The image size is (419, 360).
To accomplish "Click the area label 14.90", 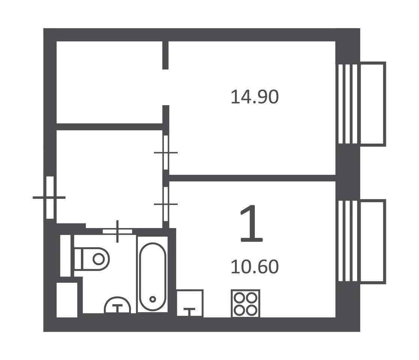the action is (x=254, y=97).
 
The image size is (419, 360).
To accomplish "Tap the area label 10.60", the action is (x=254, y=267).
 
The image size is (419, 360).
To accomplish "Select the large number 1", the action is (x=251, y=223).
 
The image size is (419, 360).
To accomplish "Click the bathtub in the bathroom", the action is (x=153, y=276).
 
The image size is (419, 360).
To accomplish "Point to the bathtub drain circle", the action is (x=153, y=299).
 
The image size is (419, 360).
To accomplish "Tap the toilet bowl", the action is (x=96, y=259).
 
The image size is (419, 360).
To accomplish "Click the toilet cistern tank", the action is (x=78, y=259).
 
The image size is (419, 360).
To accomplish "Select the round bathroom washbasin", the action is (x=118, y=305).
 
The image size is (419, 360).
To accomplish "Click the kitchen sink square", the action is (x=190, y=303).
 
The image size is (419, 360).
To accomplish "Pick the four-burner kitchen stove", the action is (x=245, y=304).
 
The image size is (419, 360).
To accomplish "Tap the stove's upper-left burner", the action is (x=239, y=297).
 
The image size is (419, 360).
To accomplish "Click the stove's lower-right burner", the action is (x=252, y=310).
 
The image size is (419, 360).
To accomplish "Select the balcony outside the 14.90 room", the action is (x=373, y=104).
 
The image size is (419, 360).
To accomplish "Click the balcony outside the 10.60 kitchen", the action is (x=373, y=241).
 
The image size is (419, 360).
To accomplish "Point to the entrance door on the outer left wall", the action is (x=50, y=198).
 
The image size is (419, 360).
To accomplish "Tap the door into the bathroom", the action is (x=118, y=231).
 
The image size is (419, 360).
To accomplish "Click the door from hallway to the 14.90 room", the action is (x=166, y=153).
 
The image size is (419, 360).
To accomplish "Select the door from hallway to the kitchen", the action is (x=166, y=204).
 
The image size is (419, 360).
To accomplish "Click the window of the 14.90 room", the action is (x=348, y=104).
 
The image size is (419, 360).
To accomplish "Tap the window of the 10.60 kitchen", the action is (x=348, y=241).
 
